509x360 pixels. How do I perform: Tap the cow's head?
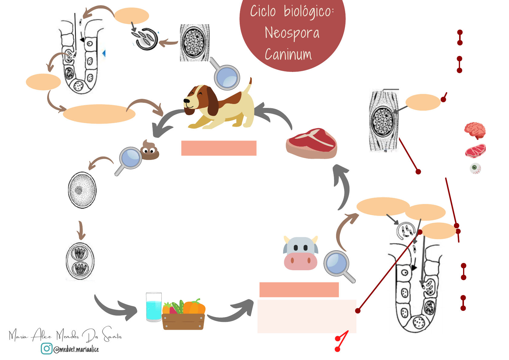click(x=300, y=253)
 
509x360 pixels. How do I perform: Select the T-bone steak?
click(x=311, y=143)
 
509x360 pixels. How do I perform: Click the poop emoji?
click(x=149, y=150)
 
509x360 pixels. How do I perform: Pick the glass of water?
click(x=154, y=306)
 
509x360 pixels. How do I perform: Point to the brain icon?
click(x=475, y=130)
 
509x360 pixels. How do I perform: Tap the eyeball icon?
click(x=475, y=168)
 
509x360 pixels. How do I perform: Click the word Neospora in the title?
click(x=292, y=33)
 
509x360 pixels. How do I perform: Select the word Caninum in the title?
click(x=288, y=55)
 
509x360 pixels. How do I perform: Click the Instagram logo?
click(x=47, y=349)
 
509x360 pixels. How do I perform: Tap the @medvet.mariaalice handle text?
click(x=76, y=349)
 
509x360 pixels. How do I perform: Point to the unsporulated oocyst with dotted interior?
click(x=82, y=190)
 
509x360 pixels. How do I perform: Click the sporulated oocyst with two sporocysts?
click(x=80, y=261)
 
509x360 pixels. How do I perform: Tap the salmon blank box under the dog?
click(x=219, y=148)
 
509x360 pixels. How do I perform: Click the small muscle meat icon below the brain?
click(x=475, y=151)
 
